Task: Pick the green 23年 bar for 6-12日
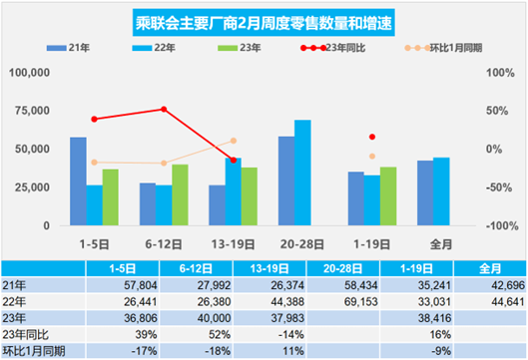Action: coord(180,194)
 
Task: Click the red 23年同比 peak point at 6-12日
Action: coord(164,110)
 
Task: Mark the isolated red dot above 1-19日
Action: coord(372,137)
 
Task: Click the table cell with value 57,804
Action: coord(113,284)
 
